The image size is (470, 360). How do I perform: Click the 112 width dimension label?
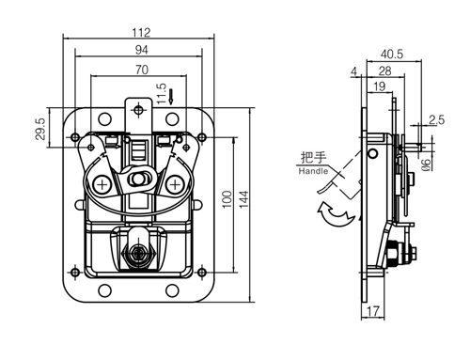pos(141,32)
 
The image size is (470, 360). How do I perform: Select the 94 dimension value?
pos(141,50)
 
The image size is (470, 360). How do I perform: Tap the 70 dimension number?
pos(142,70)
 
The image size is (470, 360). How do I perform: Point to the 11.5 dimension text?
pos(161,94)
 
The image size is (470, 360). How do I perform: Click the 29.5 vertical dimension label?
pos(40,129)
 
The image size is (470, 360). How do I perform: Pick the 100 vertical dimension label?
pos(227,198)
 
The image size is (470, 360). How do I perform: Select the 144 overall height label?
pos(243,198)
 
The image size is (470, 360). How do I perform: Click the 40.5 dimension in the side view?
pos(392,55)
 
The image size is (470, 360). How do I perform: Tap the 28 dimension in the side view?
pos(384,71)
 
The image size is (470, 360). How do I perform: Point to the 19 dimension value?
pos(379,86)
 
